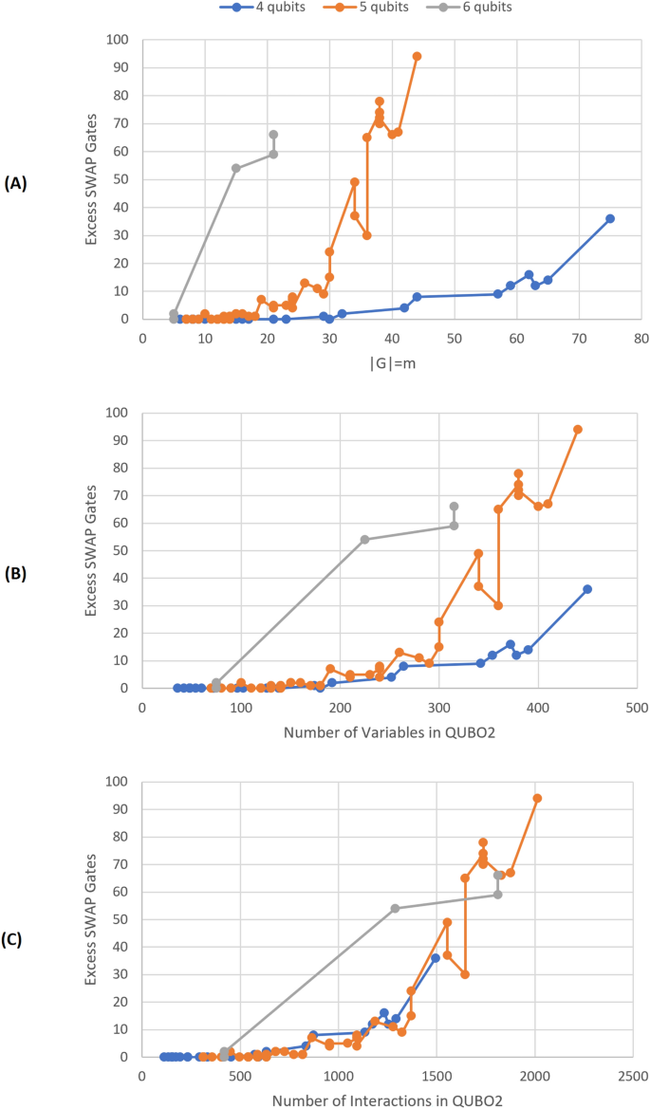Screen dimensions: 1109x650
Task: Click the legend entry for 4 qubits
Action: click(244, 9)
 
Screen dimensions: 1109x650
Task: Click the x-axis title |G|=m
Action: click(391, 363)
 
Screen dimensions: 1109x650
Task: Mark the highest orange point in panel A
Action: click(417, 56)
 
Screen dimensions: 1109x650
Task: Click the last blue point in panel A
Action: click(610, 218)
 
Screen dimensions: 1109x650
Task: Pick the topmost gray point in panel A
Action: click(273, 135)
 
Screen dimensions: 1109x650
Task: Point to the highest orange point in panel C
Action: click(537, 798)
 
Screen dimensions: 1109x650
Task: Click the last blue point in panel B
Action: click(587, 589)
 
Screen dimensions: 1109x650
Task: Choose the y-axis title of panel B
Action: click(92, 551)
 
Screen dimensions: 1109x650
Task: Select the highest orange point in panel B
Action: click(577, 429)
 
